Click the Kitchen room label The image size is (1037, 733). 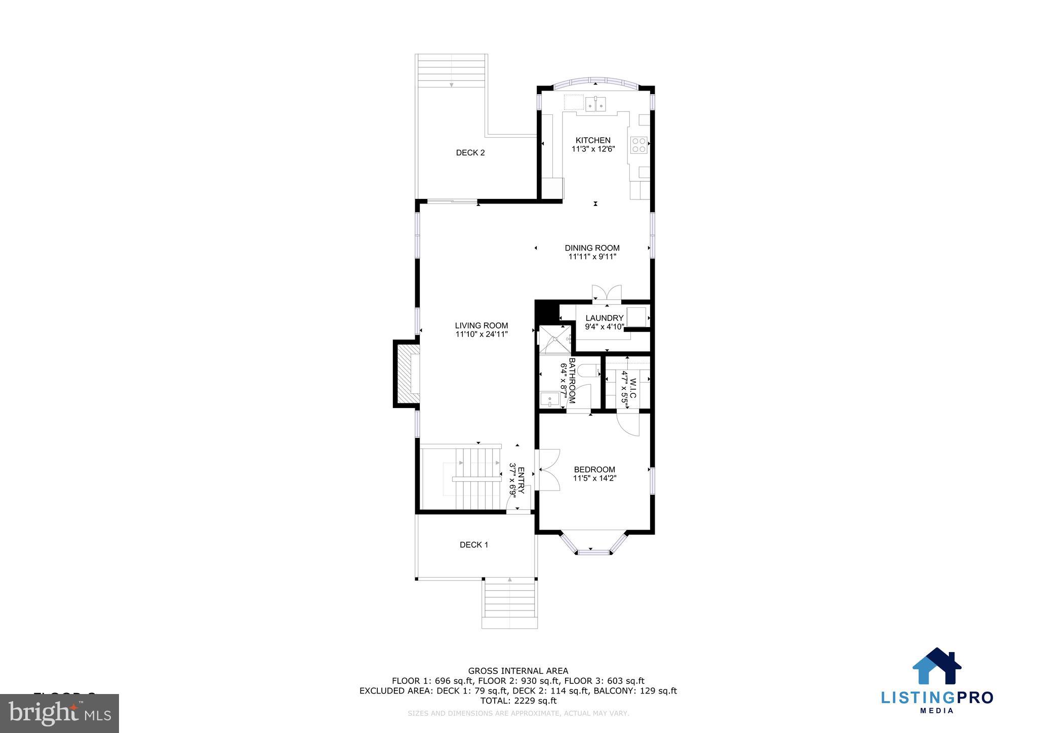click(x=593, y=140)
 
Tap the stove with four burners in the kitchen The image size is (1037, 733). click(x=638, y=145)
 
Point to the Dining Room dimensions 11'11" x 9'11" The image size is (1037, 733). click(x=592, y=257)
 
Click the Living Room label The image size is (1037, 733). click(x=481, y=325)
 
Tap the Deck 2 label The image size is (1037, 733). click(x=470, y=152)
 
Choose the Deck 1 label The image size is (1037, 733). click(x=474, y=545)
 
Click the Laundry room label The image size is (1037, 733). click(x=604, y=318)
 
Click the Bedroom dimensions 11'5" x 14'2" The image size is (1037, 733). click(x=594, y=478)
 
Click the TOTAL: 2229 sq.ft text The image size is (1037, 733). click(x=518, y=701)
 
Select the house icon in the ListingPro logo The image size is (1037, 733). click(x=936, y=666)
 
